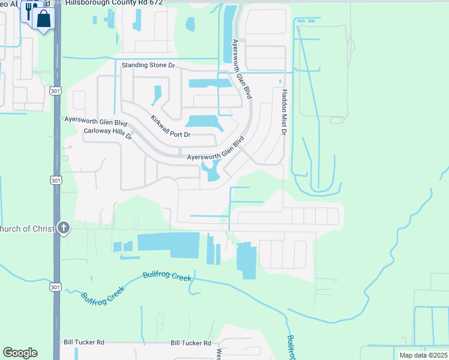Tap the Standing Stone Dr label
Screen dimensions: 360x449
[148, 65]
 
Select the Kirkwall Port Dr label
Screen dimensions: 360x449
[170, 127]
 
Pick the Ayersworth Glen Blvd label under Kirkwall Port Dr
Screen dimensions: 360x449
[216, 151]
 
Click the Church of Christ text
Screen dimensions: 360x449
[27, 229]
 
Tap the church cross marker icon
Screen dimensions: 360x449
[64, 228]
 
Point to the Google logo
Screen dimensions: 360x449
[20, 352]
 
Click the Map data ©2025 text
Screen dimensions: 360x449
[423, 355]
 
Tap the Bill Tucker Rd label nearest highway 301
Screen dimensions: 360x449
[84, 343]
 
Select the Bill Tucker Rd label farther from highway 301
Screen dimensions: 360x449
[190, 343]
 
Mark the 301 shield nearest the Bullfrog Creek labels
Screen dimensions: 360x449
[55, 289]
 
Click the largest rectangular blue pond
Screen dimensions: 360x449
[168, 245]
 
